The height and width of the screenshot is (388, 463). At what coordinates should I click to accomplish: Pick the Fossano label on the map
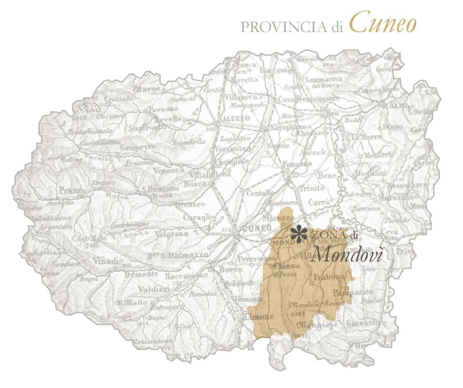[x=297, y=164]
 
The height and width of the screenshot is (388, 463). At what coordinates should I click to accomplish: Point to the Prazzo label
[x=72, y=190]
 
